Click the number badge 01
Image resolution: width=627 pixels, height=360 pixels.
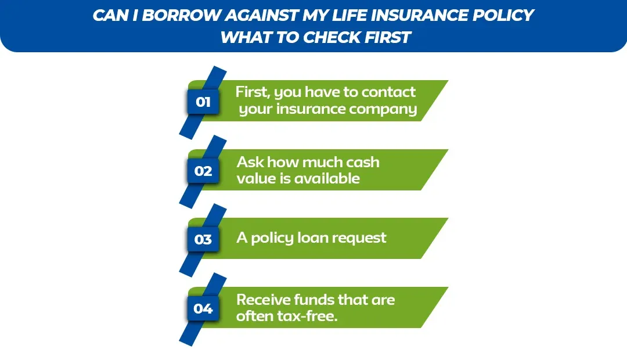click(203, 103)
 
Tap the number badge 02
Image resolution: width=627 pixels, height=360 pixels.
click(203, 171)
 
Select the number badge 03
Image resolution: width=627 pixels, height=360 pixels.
click(203, 239)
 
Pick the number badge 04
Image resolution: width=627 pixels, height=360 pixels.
click(203, 308)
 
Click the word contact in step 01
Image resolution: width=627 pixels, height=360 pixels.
click(388, 92)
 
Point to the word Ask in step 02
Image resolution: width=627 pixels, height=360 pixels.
click(250, 162)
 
